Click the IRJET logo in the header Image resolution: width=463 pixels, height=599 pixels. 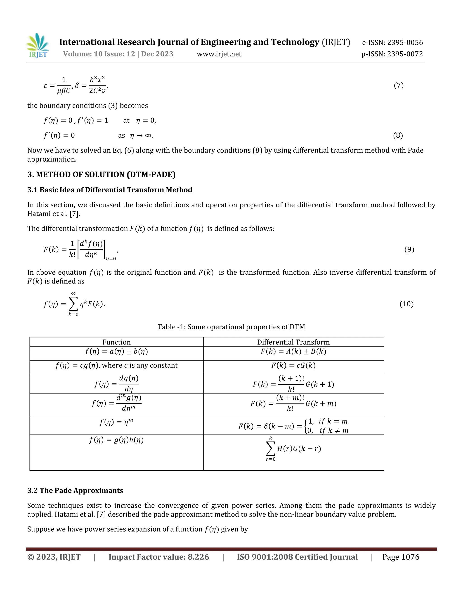coord(38,46)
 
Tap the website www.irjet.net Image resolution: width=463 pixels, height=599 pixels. coord(219,54)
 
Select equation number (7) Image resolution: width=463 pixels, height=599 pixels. coord(399,86)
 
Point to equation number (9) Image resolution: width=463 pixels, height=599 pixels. coord(409,249)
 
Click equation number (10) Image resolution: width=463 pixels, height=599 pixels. coord(406,304)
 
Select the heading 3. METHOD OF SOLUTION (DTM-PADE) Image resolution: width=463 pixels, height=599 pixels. coord(101,175)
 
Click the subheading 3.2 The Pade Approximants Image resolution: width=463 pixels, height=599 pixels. coord(75,491)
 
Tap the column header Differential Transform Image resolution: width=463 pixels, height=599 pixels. coord(293,342)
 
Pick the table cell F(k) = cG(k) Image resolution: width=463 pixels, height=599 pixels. coord(293,365)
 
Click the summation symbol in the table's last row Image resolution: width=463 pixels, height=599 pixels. coord(270,449)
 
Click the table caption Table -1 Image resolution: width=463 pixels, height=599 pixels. coord(231,327)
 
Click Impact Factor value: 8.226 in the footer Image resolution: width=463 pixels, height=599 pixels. coord(158,557)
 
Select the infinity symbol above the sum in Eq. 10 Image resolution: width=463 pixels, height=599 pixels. coord(73,293)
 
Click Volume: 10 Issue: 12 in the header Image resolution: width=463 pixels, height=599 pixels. coord(99,54)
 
